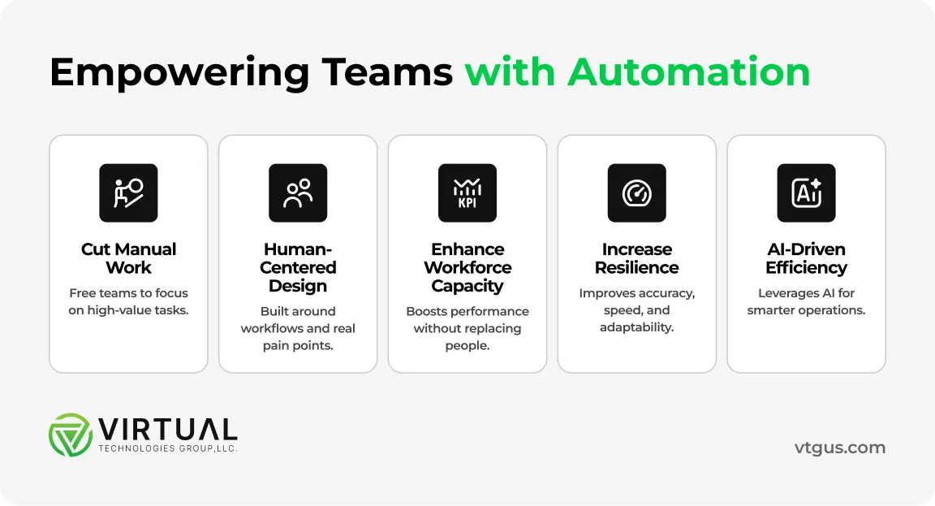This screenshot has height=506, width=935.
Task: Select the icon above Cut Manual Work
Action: coord(128,193)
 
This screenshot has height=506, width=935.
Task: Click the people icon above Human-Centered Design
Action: coord(298,193)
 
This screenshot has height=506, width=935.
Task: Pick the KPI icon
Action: coord(467,193)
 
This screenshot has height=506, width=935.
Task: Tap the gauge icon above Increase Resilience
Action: coord(637,193)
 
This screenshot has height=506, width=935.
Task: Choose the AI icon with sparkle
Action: coord(806,193)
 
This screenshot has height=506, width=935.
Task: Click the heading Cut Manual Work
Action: coord(128,258)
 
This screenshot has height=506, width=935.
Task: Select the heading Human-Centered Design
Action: coord(298,267)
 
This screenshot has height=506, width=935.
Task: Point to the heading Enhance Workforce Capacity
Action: coord(467,267)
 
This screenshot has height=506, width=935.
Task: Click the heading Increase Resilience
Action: coord(637,258)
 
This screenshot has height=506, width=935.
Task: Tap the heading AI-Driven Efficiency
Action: coord(806,258)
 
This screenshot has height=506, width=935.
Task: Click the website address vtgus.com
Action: coord(840,448)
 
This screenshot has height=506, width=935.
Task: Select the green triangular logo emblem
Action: coord(71,435)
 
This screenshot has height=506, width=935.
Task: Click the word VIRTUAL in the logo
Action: coord(167,429)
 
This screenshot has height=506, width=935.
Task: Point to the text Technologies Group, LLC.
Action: coord(167,448)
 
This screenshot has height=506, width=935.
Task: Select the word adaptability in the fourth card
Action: coord(637,328)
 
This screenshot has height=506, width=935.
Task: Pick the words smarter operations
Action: coord(806,310)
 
